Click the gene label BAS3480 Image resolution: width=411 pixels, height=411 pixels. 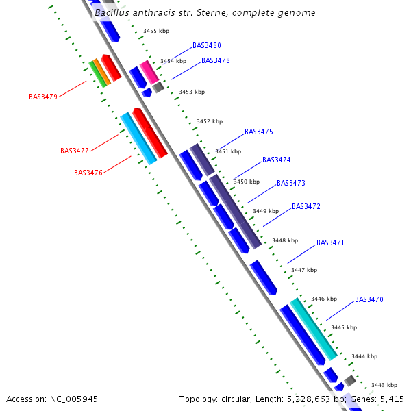point(206,45)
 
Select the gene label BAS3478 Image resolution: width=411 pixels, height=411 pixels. point(215,60)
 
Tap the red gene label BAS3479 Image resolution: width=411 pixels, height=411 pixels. point(43,97)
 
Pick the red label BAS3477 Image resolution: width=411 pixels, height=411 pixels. point(75,151)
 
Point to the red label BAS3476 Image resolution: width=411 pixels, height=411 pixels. point(88,173)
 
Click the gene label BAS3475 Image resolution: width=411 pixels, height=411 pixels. point(258,132)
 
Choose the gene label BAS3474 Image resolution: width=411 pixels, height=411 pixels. point(276,160)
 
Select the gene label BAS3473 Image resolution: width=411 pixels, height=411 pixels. point(290,183)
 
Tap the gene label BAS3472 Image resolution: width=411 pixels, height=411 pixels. point(306,206)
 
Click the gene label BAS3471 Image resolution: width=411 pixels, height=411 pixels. point(330,242)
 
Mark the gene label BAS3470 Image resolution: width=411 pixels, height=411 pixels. point(369,299)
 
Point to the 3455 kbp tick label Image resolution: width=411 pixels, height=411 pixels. point(155,31)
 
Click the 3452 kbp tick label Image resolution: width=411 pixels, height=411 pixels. point(209,121)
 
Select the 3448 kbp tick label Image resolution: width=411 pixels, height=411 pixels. point(284,240)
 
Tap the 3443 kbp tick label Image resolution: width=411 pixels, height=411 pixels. point(384,385)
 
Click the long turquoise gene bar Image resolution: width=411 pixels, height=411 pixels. point(314,329)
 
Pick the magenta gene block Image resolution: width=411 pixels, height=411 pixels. point(149,72)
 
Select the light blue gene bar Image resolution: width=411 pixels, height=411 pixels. point(138,139)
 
